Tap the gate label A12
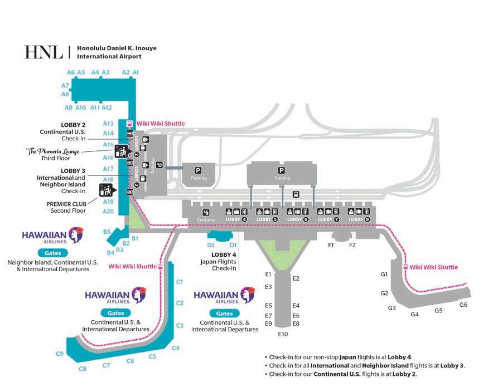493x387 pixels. [107, 107]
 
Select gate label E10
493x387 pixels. [283, 334]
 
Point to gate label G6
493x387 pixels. [463, 305]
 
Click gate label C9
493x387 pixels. [60, 353]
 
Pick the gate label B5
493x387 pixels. [107, 231]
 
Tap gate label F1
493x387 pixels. [331, 245]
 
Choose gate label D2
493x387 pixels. [211, 244]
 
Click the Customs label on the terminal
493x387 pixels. [206, 220]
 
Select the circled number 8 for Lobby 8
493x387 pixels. [368, 219]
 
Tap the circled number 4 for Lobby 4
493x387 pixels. [244, 219]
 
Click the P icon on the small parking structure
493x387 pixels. [198, 170]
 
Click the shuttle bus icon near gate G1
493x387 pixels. [405, 267]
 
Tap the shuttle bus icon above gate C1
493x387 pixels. [161, 266]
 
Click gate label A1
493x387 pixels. [136, 72]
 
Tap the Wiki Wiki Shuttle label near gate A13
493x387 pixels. [161, 124]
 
